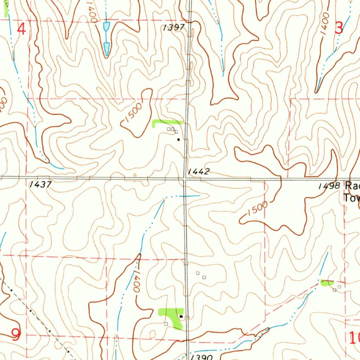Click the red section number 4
pos(21,29)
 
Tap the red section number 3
pos(339,28)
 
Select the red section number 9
pos(16,334)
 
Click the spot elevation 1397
pos(174,28)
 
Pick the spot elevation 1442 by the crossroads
pos(199,172)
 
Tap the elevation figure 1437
pos(41,184)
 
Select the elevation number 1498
pos(329,186)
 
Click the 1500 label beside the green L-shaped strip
pos(133,113)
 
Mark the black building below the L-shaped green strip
pos(178,140)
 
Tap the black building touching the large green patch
pos(181,316)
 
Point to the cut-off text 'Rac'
pos(352,185)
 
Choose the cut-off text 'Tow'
pos(352,198)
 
